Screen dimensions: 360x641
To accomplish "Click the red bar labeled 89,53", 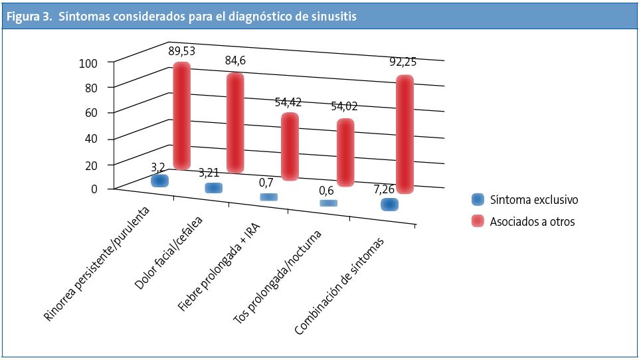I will point(181,116).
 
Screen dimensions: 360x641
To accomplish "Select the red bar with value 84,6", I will point(234,124).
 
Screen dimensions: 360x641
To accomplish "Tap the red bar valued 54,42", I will point(289,147).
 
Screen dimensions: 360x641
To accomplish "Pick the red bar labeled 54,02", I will point(345,153).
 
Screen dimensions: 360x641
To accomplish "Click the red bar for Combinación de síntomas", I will point(405,135).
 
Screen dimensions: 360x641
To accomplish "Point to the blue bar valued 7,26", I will point(389,205).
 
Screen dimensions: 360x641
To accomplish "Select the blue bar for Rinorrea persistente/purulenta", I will point(159,181).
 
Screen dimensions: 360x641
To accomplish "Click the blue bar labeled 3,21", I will point(213,188).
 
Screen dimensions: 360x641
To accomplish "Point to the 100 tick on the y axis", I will point(88,62).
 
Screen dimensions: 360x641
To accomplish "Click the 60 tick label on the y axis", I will point(92,113).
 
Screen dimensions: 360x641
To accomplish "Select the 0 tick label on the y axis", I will point(94,189).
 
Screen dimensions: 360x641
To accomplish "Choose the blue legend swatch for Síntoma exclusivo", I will point(477,199).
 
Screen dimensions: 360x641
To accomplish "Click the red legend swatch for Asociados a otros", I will point(477,222).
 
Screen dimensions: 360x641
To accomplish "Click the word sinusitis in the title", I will point(332,17).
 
